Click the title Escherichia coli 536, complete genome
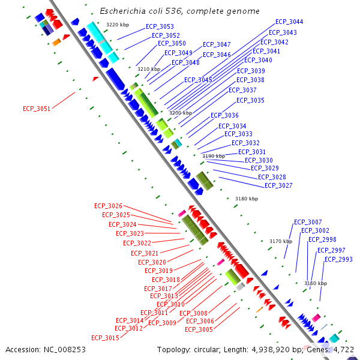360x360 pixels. tap(179, 11)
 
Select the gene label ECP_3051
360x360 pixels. tap(37, 109)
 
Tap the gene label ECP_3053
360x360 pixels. tap(160, 26)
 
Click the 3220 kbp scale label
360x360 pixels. tap(117, 25)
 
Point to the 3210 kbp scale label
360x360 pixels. tap(149, 69)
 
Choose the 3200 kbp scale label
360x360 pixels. tap(180, 113)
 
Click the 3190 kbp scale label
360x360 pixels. tap(213, 156)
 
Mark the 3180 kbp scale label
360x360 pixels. tap(246, 199)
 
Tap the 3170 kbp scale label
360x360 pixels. tap(280, 241)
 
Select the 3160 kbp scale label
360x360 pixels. tap(316, 283)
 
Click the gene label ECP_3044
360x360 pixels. tap(289, 22)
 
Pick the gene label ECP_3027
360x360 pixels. tap(278, 185)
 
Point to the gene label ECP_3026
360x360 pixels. tap(108, 206)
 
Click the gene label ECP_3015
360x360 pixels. tap(105, 338)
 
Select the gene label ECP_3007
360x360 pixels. tap(308, 222)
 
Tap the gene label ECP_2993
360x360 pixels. tap(338, 259)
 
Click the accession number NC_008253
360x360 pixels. tap(65, 349)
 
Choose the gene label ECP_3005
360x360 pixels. tap(199, 329)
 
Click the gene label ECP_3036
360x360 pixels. tap(224, 115)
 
